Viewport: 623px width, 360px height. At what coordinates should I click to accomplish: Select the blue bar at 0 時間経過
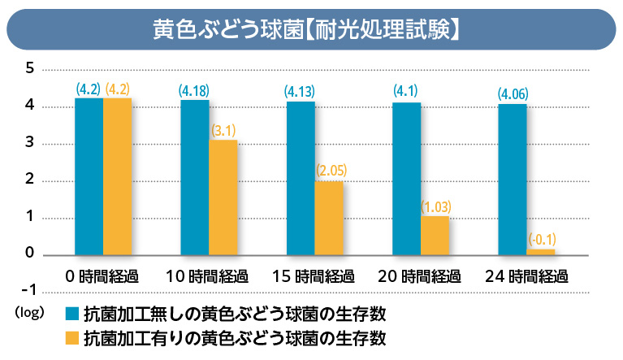(x=89, y=176)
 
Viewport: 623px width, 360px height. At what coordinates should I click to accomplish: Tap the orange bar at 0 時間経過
(x=117, y=176)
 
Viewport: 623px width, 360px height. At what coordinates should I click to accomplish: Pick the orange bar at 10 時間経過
(x=223, y=197)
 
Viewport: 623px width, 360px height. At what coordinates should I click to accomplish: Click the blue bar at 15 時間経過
(x=300, y=178)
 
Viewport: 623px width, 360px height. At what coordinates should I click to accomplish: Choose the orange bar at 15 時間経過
(x=329, y=218)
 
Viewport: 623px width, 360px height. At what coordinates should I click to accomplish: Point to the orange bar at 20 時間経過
(x=435, y=236)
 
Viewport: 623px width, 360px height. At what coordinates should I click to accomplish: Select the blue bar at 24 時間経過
(x=512, y=180)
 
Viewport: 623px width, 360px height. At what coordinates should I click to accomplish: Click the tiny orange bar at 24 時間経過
(x=541, y=252)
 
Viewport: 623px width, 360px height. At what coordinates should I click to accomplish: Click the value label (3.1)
(x=223, y=129)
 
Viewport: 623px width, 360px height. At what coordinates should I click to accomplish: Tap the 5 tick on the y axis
(x=29, y=68)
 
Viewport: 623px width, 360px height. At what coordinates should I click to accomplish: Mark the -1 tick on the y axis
(x=27, y=290)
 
